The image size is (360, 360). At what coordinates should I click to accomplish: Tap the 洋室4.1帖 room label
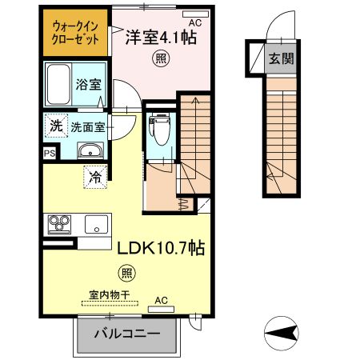coord(161,36)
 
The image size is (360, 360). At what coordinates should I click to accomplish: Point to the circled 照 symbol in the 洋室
coord(161,58)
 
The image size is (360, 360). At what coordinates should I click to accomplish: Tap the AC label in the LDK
coord(161,301)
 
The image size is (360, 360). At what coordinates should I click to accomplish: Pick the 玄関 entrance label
coord(279,58)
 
